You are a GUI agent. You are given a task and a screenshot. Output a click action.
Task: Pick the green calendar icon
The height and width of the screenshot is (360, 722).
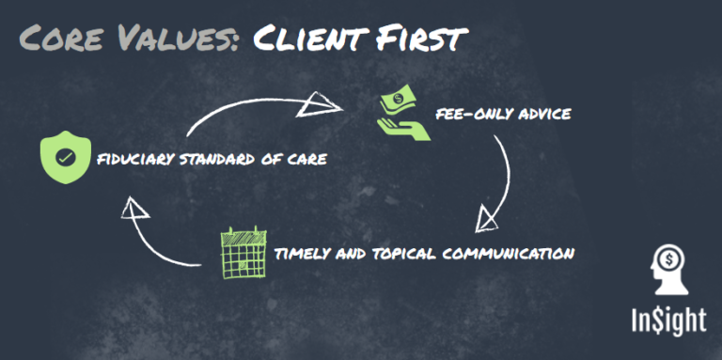(x=242, y=253)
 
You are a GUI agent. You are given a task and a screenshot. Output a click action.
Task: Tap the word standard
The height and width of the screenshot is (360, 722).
(x=217, y=159)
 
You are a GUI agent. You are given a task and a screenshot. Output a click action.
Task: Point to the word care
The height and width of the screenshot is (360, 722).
(x=307, y=159)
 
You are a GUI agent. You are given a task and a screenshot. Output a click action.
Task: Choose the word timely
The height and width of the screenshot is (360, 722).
(x=300, y=254)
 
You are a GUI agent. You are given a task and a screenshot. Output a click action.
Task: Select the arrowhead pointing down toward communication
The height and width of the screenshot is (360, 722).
(x=487, y=219)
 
